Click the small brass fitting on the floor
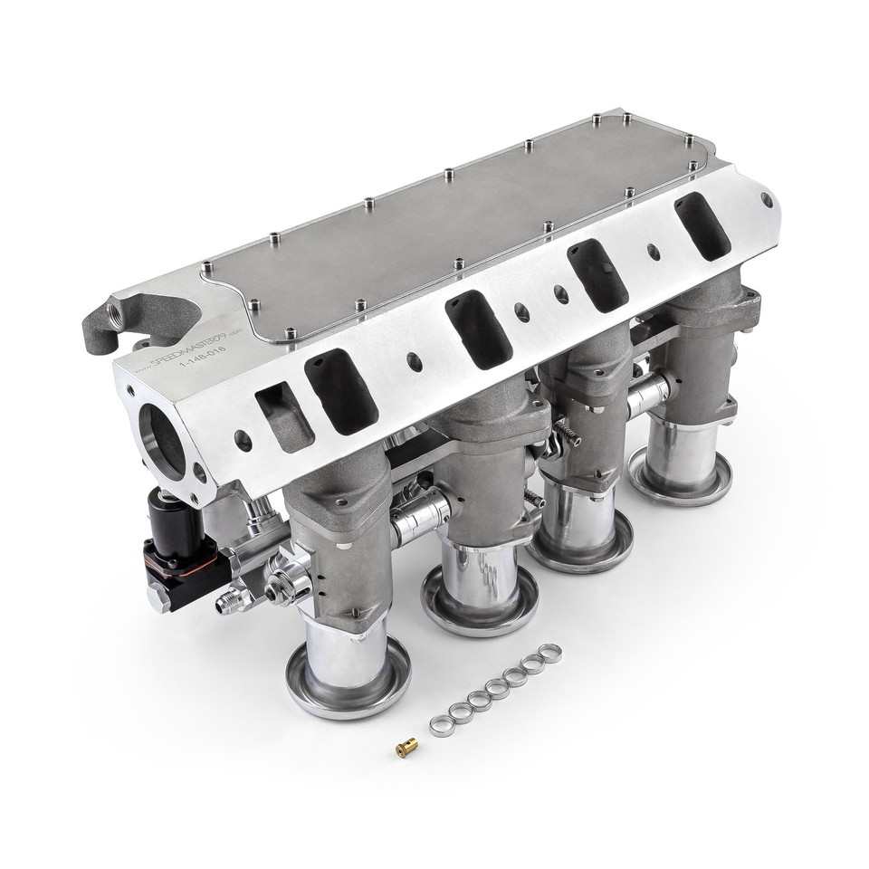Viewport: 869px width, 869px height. [x=403, y=748]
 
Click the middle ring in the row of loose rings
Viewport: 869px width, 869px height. [x=496, y=690]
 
